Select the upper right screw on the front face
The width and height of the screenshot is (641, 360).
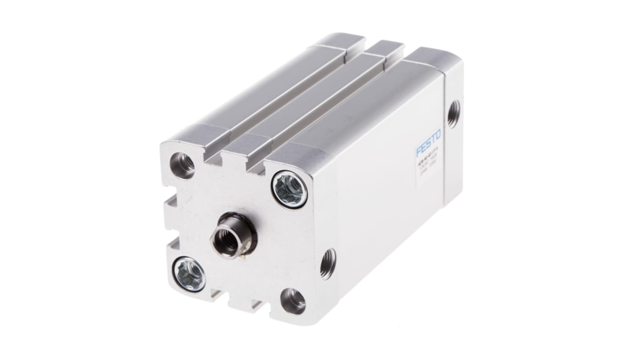[289, 189]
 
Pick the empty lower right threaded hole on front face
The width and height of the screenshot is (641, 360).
[293, 301]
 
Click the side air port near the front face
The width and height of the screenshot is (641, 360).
[328, 263]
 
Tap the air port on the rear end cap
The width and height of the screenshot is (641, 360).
[453, 113]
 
